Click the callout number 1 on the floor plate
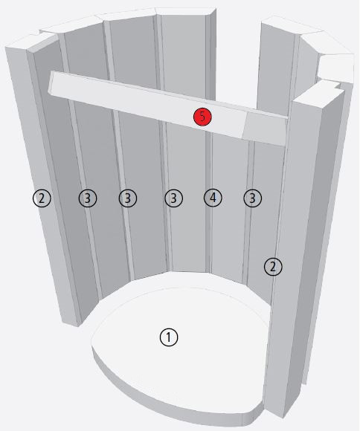[x=169, y=337]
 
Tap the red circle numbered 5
[x=202, y=117]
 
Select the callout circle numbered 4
[x=213, y=198]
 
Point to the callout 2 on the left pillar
[x=42, y=198]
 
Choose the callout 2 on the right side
[x=273, y=267]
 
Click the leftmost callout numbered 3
[x=88, y=198]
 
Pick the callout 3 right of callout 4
[x=252, y=198]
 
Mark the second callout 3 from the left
[x=128, y=198]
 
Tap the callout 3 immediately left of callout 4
[x=173, y=198]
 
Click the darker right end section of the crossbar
[x=265, y=129]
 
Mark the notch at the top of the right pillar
[x=337, y=85]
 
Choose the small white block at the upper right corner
[x=335, y=68]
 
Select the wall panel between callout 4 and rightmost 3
[x=230, y=209]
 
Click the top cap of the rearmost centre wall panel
[x=185, y=11]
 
